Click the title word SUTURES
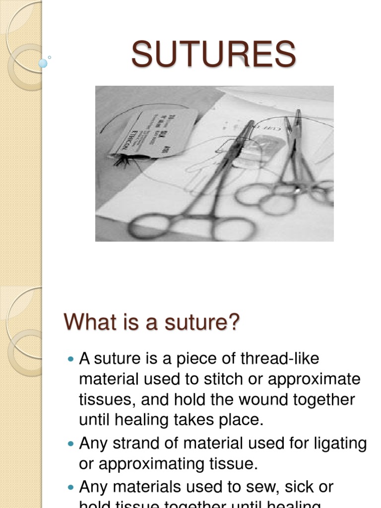(x=214, y=54)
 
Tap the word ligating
(x=335, y=444)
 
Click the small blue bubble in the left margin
(x=43, y=63)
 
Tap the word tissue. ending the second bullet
(x=232, y=464)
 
